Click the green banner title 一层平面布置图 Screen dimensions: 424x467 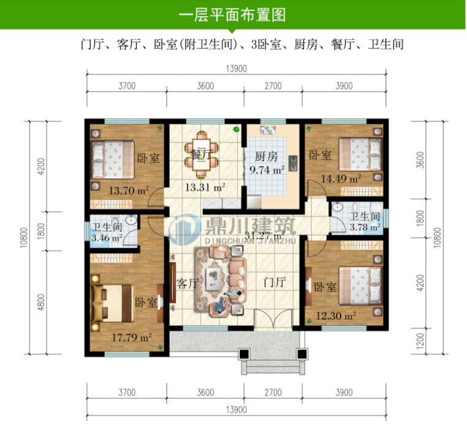(233, 14)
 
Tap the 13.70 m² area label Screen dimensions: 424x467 (128, 191)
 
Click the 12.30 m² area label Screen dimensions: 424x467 (336, 316)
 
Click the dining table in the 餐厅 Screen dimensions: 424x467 (200, 153)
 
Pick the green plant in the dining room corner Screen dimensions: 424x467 (236, 129)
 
